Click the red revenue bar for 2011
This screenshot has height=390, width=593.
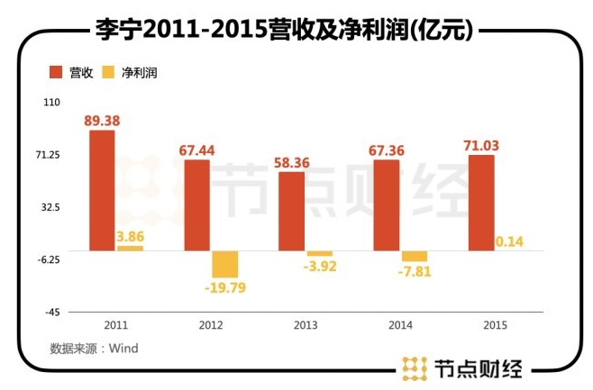pyautogui.click(x=102, y=190)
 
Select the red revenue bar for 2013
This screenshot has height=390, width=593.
pyautogui.click(x=292, y=211)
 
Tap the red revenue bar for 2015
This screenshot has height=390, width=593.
pyautogui.click(x=482, y=203)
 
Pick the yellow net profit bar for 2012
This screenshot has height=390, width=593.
pyautogui.click(x=225, y=264)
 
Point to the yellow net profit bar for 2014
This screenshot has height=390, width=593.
pyautogui.click(x=415, y=256)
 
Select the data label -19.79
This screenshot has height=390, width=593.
pyautogui.click(x=224, y=288)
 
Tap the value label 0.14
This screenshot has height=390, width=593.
pyautogui.click(x=509, y=240)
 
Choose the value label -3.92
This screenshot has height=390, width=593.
pyautogui.click(x=318, y=268)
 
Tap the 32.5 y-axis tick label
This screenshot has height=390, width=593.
pyautogui.click(x=49, y=207)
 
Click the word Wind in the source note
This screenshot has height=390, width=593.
pyautogui.click(x=124, y=347)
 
